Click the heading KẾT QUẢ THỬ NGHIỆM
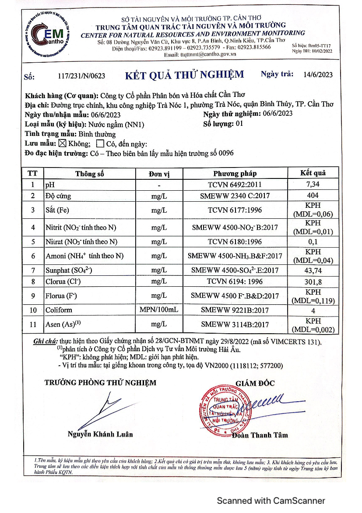[x=184, y=75]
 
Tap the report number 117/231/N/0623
[x=81, y=75]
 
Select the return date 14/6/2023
[x=318, y=75]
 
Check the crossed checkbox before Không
[x=62, y=143]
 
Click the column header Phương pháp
[x=235, y=174]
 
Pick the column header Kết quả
[x=313, y=173]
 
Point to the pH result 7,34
[x=313, y=185]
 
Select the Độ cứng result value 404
[x=313, y=196]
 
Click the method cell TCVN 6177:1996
[x=235, y=210]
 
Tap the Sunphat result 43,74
[x=313, y=271]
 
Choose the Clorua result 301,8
[x=313, y=282]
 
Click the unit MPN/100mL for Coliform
[x=159, y=310]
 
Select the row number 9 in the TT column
[x=33, y=296]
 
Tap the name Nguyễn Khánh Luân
[x=100, y=434]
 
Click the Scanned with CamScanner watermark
[x=271, y=500]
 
